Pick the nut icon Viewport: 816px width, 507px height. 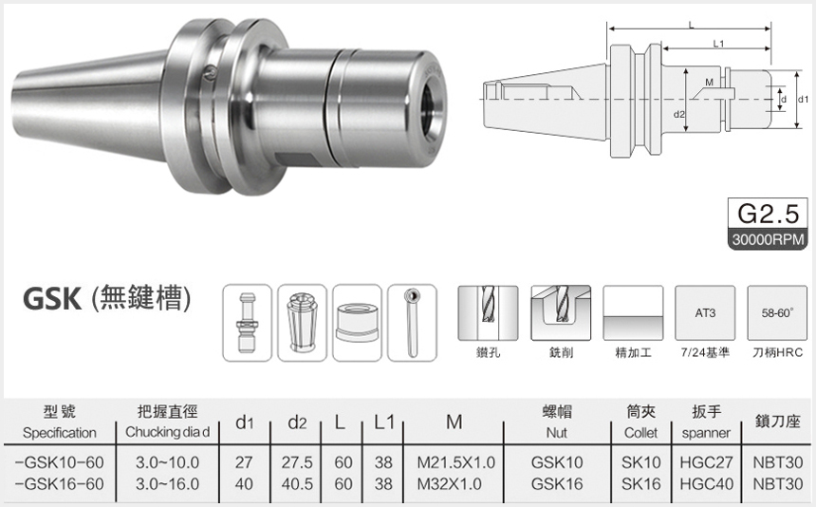coord(357,322)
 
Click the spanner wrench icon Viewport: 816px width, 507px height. coord(411,322)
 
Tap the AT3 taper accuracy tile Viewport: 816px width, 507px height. coord(704,312)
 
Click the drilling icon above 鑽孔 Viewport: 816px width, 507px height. coord(488,312)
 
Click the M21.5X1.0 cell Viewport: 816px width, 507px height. coord(455,462)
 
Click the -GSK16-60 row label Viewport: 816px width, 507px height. coord(59,483)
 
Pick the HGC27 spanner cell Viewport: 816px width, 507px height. coord(701,462)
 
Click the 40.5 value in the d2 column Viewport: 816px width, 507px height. coord(298,483)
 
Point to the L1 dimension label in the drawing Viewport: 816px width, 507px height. coord(717,44)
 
